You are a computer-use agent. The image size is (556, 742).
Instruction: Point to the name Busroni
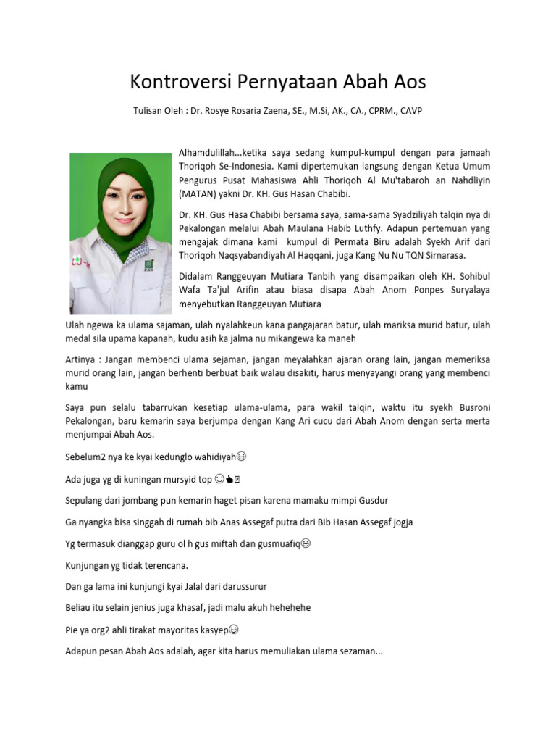pyautogui.click(x=469, y=407)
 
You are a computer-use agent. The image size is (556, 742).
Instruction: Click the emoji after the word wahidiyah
pyautogui.click(x=242, y=457)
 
